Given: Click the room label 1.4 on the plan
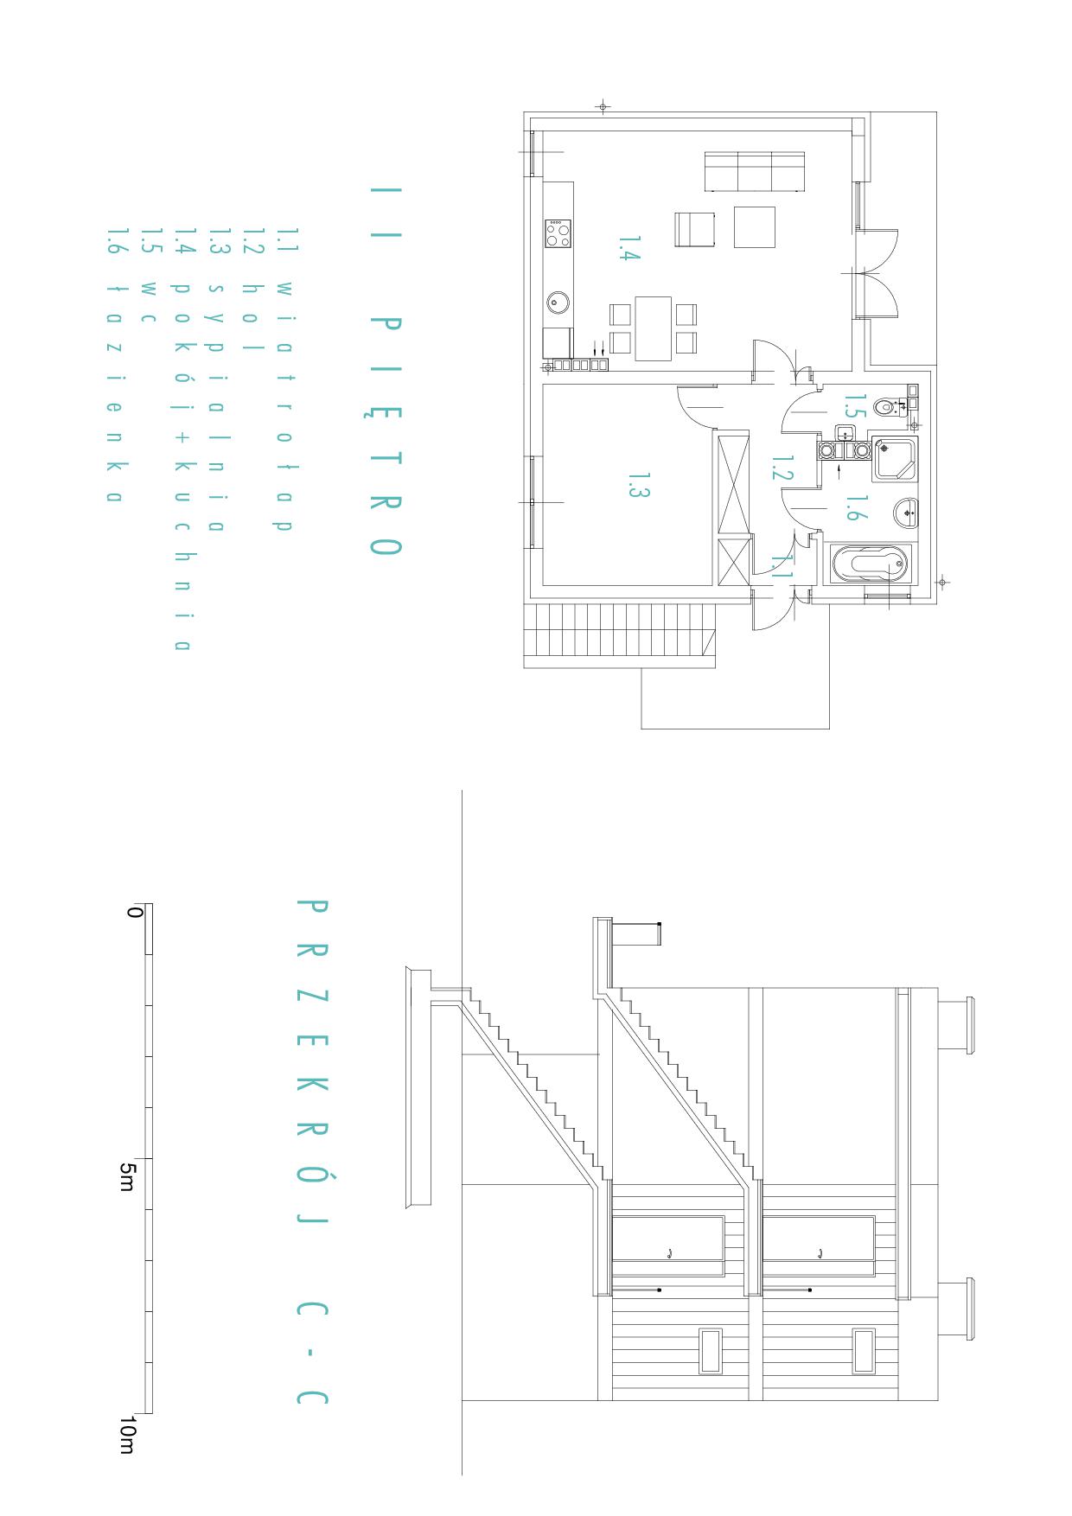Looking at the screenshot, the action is pyautogui.click(x=629, y=248).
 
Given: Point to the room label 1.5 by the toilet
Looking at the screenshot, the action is pyautogui.click(x=854, y=405).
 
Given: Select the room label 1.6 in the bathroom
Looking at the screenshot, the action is pyautogui.click(x=852, y=508).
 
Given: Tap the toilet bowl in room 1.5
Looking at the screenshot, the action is pyautogui.click(x=885, y=405).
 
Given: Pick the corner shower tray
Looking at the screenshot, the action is pyautogui.click(x=895, y=459).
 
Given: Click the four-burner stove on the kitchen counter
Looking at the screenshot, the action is pyautogui.click(x=558, y=233).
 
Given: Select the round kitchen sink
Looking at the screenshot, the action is pyautogui.click(x=558, y=303).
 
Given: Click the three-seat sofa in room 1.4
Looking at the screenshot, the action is pyautogui.click(x=756, y=171).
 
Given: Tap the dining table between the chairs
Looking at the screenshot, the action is pyautogui.click(x=654, y=328).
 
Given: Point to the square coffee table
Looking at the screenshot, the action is pyautogui.click(x=755, y=226).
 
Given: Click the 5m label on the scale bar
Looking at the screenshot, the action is pyautogui.click(x=126, y=1176).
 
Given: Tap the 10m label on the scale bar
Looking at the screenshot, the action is pyautogui.click(x=126, y=1435).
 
